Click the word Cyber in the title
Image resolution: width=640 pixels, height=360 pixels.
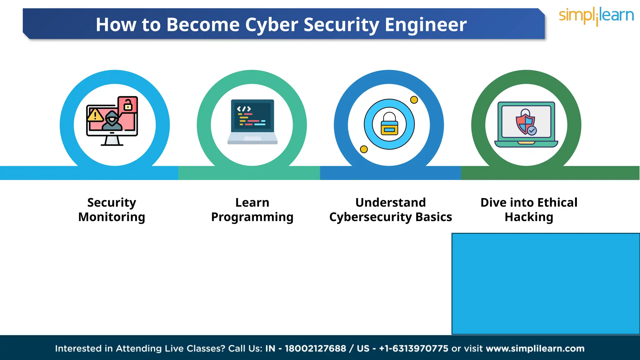coord(271,25)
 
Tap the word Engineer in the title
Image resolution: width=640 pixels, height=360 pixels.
coord(426,25)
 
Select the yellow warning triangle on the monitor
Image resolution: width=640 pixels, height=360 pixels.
coord(95,115)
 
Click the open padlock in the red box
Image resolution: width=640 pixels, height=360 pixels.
coord(128,105)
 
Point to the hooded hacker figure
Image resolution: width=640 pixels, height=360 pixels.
coord(112,121)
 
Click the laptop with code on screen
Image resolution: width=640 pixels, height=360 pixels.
coord(252,122)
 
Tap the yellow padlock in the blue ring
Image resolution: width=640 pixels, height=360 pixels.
coord(389,125)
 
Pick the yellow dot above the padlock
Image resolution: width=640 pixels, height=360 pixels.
coord(414,100)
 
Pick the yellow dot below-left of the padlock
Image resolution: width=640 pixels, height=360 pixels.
coord(364,149)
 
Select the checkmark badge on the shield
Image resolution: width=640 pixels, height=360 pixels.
coord(532,130)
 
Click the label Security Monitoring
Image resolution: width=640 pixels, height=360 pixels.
coord(112,210)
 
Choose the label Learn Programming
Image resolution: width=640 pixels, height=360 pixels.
coord(252,210)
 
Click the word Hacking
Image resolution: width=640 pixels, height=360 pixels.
coord(529,217)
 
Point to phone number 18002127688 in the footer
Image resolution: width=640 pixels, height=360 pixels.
coord(315,348)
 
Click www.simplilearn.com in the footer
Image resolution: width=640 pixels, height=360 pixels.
coord(535,348)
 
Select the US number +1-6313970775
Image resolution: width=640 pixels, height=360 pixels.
coord(413,348)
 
